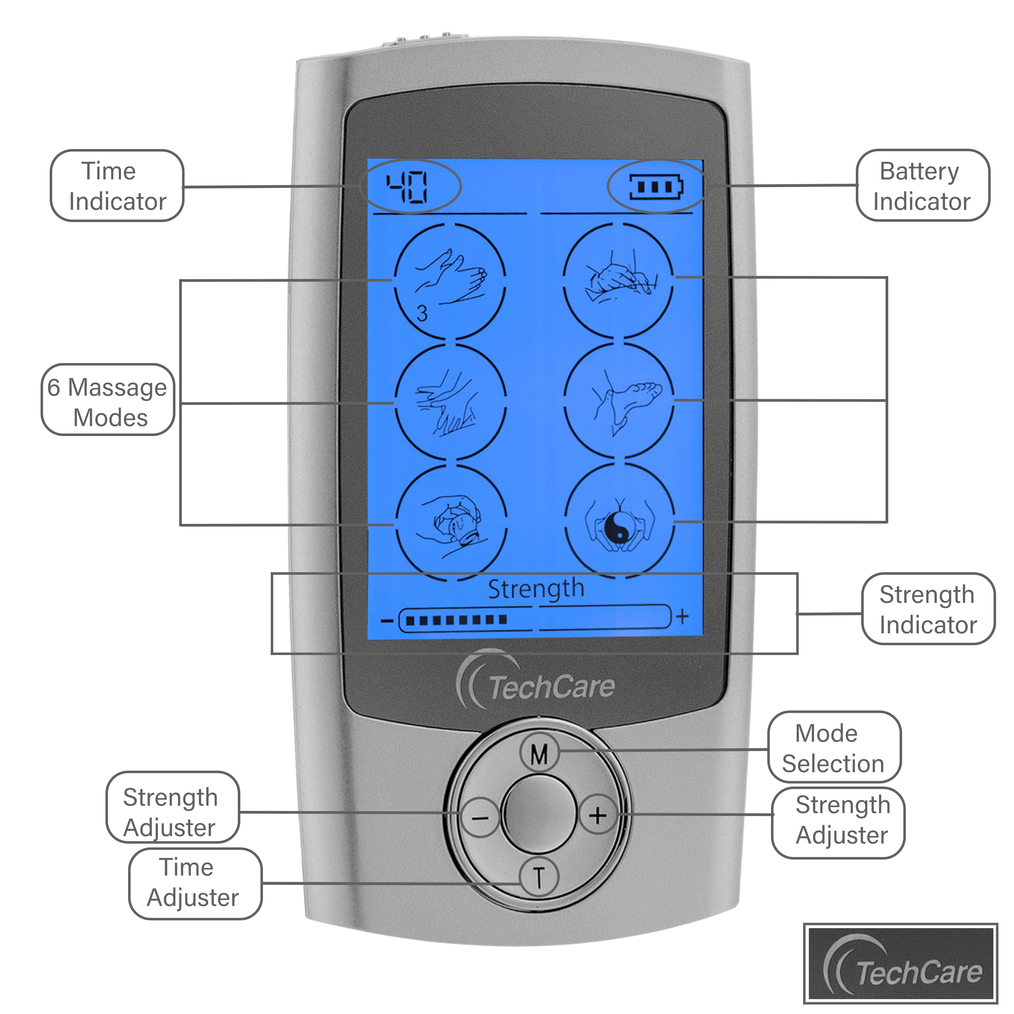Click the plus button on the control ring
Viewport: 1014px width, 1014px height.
597,815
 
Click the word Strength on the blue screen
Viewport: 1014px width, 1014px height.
536,588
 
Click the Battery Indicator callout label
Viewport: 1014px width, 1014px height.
922,186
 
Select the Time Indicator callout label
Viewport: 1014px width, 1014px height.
117,186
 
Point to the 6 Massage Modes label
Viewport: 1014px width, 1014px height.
107,402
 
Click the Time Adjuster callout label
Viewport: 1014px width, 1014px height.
195,883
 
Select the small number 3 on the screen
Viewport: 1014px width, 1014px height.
422,313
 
